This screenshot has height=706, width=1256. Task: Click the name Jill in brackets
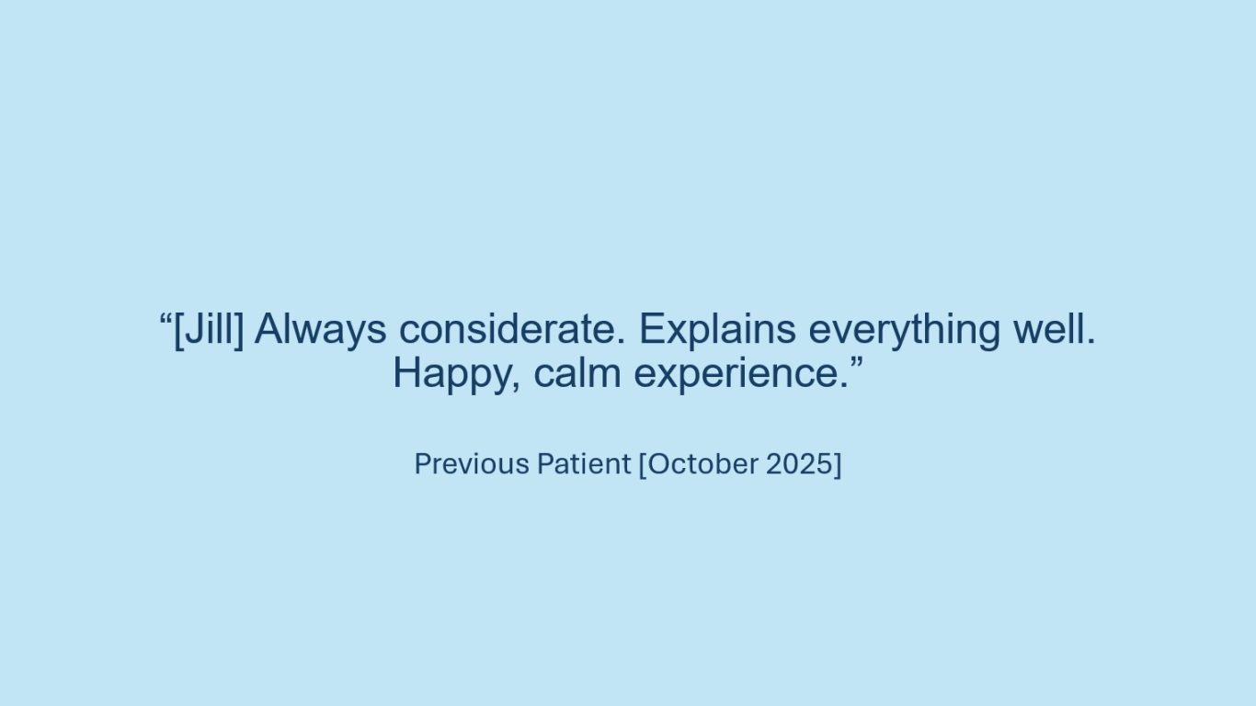pos(209,329)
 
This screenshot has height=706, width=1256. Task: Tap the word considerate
pos(511,329)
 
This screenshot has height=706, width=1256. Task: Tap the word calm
pos(577,373)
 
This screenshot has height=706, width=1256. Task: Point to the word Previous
pos(472,464)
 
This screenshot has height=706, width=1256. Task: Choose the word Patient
pos(584,464)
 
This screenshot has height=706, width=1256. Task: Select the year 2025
pos(800,464)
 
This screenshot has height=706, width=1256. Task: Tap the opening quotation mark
pos(166,319)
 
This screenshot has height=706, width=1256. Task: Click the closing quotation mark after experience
pos(856,363)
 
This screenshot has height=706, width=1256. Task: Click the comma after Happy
pos(516,387)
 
